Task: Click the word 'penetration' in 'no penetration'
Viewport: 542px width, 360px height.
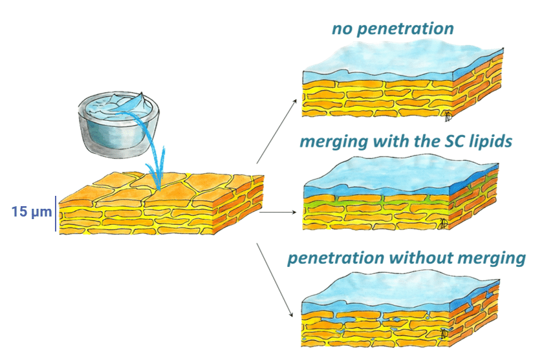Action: click(x=408, y=29)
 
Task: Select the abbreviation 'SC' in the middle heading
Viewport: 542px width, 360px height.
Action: click(x=426, y=142)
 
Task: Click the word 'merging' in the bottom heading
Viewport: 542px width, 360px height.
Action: click(x=491, y=258)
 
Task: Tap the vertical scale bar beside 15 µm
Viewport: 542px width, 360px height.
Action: click(x=56, y=213)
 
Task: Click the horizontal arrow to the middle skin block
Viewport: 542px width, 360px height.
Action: click(x=278, y=211)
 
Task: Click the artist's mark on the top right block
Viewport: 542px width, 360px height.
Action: click(x=447, y=116)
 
